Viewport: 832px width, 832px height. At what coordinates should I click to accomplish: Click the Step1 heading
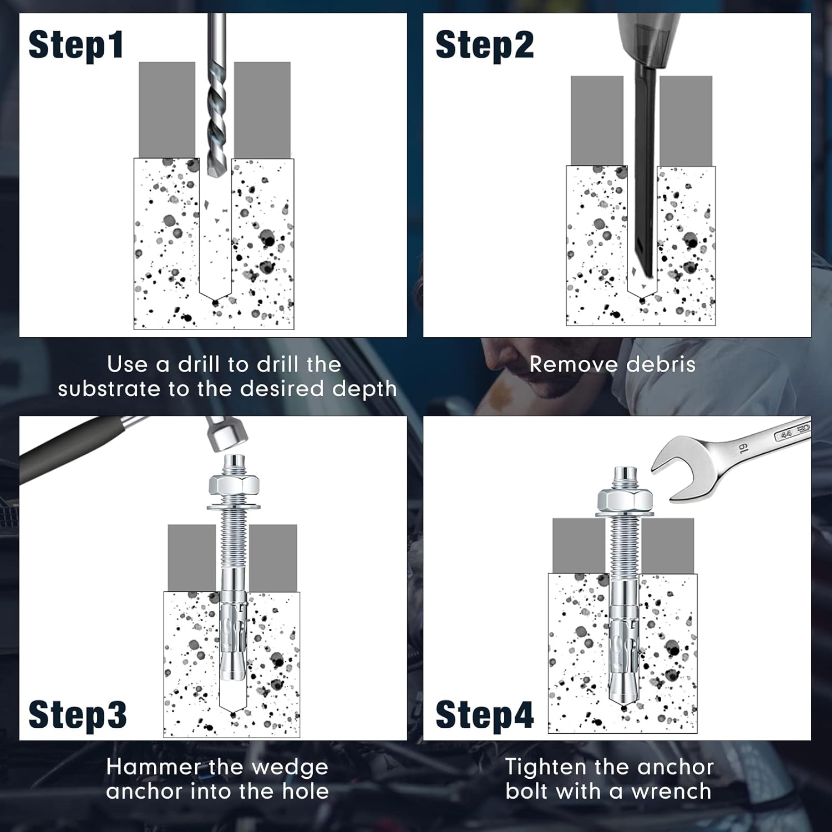click(x=75, y=45)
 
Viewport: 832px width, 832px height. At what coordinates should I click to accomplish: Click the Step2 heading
click(x=485, y=45)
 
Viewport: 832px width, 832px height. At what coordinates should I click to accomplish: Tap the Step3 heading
click(x=78, y=714)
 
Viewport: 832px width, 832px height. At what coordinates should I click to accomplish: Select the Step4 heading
click(x=485, y=714)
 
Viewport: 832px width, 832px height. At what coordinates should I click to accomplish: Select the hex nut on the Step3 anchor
click(x=235, y=485)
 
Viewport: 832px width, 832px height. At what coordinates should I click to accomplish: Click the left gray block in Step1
click(x=167, y=110)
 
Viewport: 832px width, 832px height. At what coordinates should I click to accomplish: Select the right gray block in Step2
click(x=686, y=121)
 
